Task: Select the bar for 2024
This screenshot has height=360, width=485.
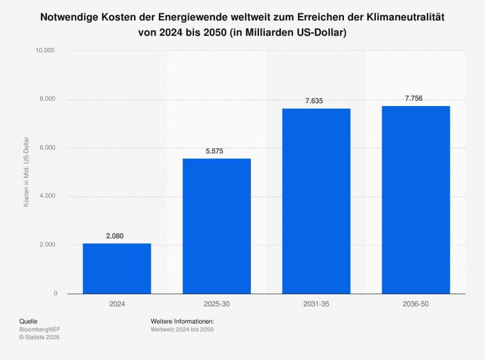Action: coord(117,268)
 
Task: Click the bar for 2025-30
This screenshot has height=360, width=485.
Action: coord(216,226)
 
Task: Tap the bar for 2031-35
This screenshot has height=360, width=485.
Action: coord(316,201)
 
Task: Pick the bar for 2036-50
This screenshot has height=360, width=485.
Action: coord(415,200)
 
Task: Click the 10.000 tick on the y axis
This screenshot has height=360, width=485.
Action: coord(45,50)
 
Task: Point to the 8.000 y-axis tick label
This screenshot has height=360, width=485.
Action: coord(47,99)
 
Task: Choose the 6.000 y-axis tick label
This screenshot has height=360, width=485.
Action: coord(47,147)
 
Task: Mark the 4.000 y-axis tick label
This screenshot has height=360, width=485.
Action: coord(47,196)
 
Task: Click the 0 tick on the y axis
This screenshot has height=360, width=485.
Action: coord(55,294)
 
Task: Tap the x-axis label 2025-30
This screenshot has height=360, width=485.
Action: coord(216,304)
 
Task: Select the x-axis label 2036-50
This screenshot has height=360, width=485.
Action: coord(415,304)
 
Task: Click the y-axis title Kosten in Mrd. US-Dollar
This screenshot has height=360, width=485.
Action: coord(27,172)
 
